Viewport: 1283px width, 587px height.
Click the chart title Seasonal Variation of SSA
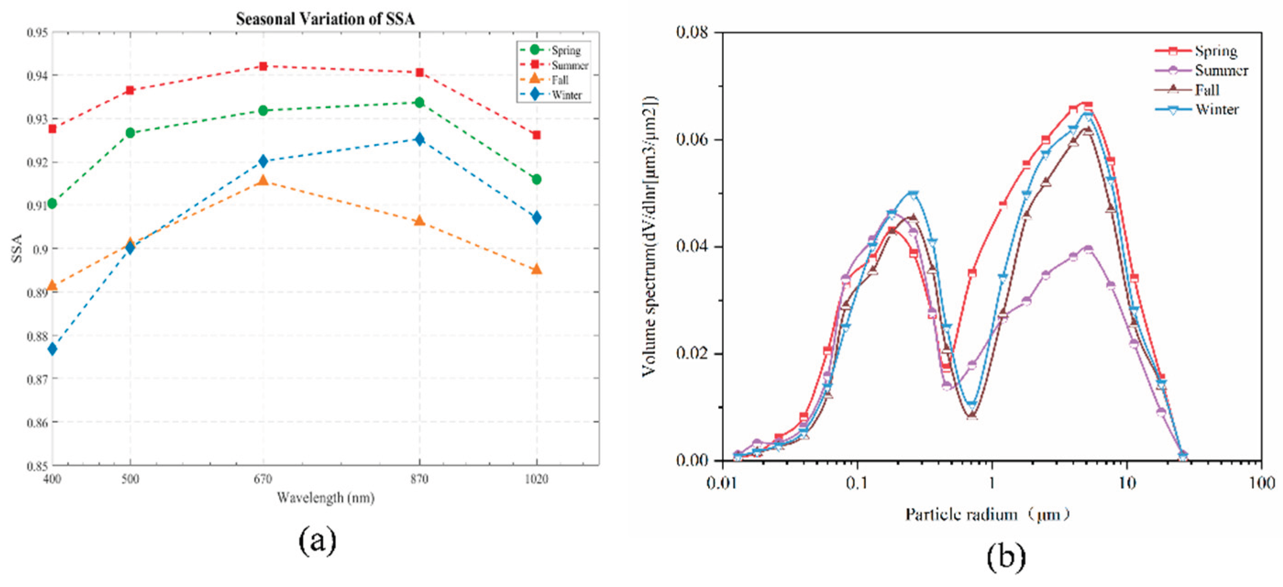tap(325, 19)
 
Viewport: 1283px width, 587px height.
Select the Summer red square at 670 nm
tap(263, 66)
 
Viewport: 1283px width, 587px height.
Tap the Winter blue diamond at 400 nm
tap(52, 349)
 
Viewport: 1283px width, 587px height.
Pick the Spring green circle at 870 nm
tap(419, 103)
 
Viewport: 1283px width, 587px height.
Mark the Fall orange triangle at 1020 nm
tap(536, 270)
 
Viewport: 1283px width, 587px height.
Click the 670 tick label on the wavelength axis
tap(263, 479)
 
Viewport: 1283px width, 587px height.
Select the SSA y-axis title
tap(17, 248)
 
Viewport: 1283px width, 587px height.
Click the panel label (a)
tap(317, 541)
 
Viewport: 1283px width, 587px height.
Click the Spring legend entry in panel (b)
tap(1215, 51)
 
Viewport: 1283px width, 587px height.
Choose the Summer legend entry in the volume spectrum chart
tap(1220, 70)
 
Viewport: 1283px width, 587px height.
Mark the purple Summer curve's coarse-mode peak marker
tap(1088, 249)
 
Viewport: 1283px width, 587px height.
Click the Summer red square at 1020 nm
tap(536, 135)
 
